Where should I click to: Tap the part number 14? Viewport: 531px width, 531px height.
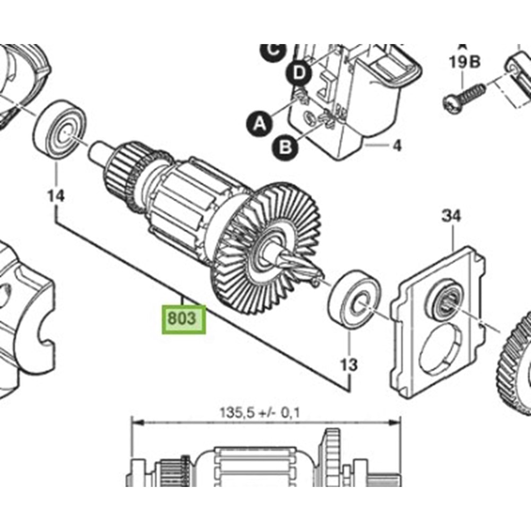[55, 196]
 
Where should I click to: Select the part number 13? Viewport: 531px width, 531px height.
[349, 365]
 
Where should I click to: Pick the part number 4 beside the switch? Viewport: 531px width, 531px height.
[397, 145]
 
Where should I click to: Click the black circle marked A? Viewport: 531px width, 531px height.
[259, 124]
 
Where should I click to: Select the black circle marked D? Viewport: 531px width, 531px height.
[300, 74]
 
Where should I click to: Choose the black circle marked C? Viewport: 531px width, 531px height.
[273, 50]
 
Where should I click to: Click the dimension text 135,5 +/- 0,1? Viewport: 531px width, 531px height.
[260, 412]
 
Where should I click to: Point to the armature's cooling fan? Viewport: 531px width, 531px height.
[265, 239]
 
